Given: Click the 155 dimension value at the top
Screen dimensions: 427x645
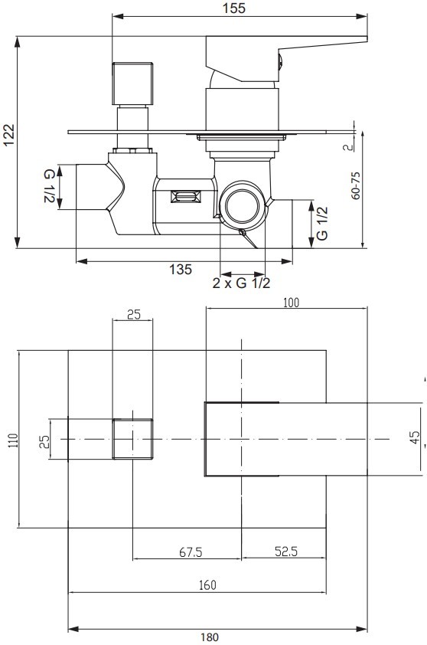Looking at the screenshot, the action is (x=234, y=8).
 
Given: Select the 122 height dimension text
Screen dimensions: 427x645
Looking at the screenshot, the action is (x=8, y=135).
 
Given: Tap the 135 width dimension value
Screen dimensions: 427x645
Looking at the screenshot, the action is (x=181, y=270).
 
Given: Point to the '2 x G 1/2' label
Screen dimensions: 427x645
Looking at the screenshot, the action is (x=241, y=283).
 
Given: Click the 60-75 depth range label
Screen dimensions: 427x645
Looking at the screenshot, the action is (x=356, y=185).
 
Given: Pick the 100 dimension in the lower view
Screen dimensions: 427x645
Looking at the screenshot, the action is (x=291, y=303).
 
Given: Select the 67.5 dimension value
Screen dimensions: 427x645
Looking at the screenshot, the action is (x=191, y=552).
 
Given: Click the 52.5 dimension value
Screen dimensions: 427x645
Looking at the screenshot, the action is (x=286, y=552).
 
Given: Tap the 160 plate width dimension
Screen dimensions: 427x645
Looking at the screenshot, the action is (x=207, y=585).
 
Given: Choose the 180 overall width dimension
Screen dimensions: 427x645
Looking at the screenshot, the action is (x=210, y=637).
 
